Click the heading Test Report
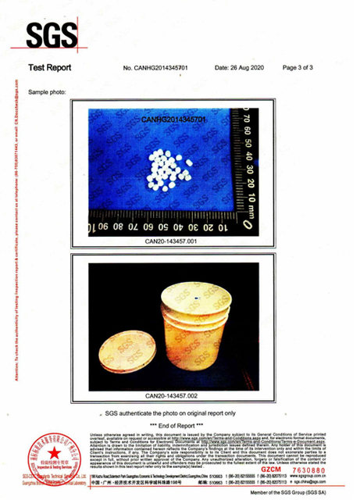[x=49, y=68]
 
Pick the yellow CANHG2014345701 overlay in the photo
[x=173, y=120]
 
